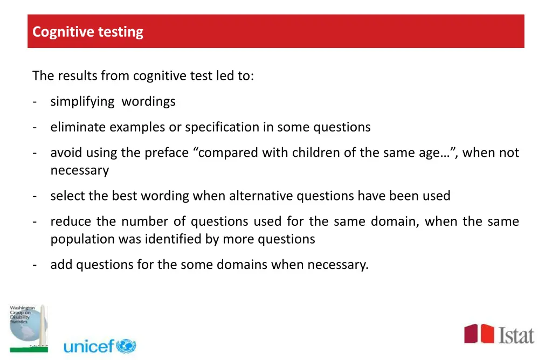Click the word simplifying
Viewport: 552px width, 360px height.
coord(82,101)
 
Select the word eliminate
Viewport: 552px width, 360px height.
coord(78,127)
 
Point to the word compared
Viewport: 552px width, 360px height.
coord(229,153)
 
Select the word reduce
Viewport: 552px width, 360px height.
coord(70,221)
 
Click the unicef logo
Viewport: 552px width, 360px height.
coord(100,346)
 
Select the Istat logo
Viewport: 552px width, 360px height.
coord(499,335)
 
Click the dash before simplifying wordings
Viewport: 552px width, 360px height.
coord(34,101)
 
